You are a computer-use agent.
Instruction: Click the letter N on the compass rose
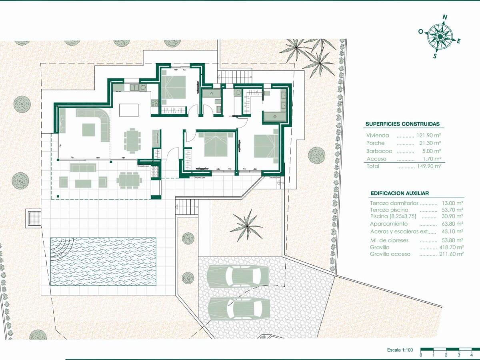point(444,17)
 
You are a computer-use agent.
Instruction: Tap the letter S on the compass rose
point(435,56)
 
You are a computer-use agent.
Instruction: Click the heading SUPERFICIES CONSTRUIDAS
point(402,124)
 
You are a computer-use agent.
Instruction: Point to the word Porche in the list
point(375,143)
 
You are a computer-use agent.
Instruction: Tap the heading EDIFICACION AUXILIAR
point(400,193)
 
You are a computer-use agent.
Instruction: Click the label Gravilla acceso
point(390,254)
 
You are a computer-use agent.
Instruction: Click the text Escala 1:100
point(399,350)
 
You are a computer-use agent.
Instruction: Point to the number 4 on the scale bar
point(472,355)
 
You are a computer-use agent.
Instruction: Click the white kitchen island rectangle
point(129,110)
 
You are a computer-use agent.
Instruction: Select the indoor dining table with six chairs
point(132,140)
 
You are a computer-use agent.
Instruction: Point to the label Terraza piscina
point(389,210)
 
